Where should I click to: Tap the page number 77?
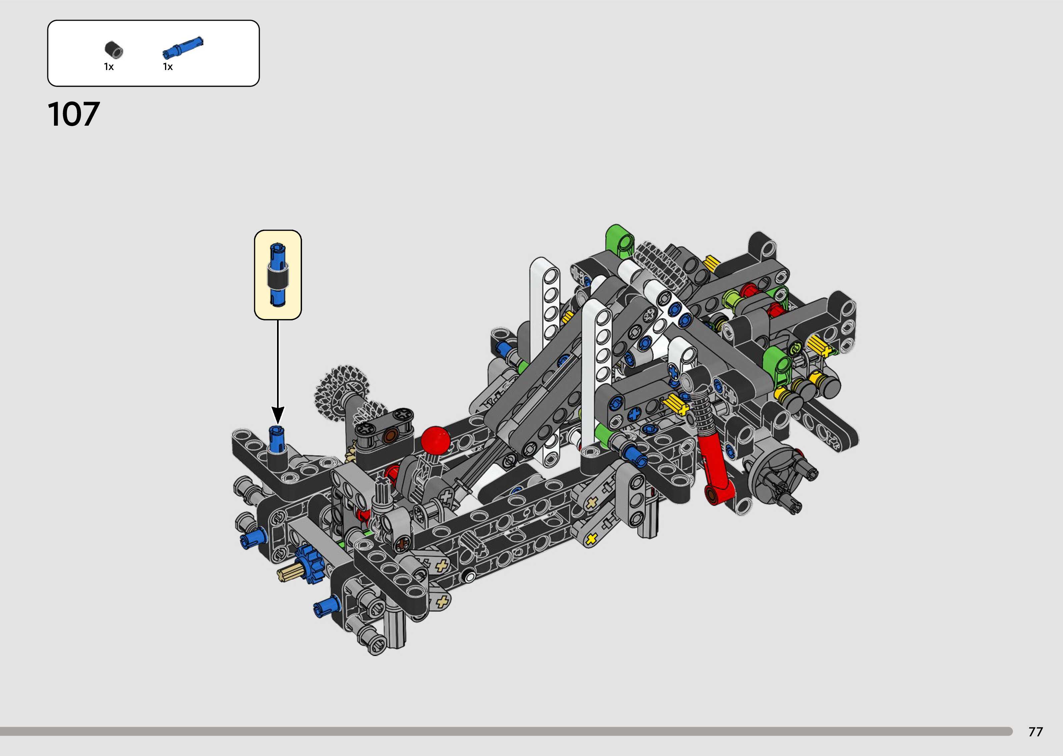coord(1036,732)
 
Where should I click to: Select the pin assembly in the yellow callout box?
coord(278,275)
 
